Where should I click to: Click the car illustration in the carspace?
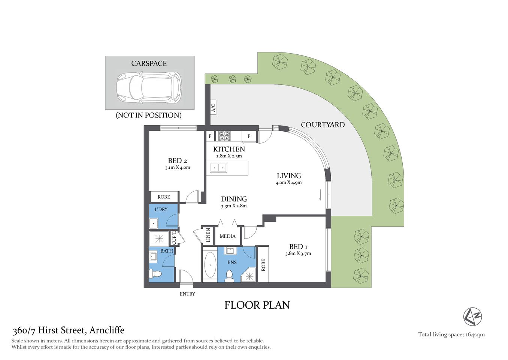point(149,88)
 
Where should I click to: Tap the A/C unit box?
point(213,108)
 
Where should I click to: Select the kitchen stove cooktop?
point(224,136)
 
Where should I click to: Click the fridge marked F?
point(249,136)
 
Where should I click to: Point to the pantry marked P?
point(210,136)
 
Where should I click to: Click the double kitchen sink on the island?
point(218,168)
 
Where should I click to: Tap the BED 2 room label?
point(177,160)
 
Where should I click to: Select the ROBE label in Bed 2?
point(164,197)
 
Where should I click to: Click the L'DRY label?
point(161,209)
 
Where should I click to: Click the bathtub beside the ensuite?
point(210,265)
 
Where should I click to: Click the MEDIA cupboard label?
point(227,236)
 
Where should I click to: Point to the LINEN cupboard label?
point(208,235)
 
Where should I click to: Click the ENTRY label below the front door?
point(187,294)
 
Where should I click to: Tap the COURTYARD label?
point(323,125)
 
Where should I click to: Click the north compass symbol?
point(472,316)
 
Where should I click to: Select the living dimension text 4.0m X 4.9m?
point(288,183)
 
